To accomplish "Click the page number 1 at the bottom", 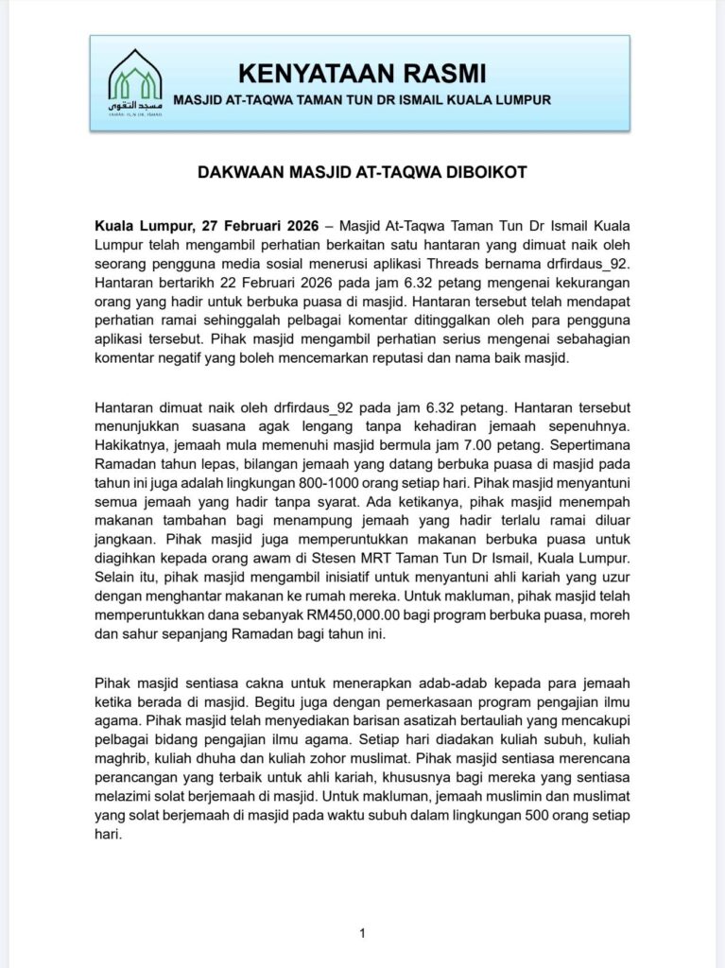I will pyautogui.click(x=362, y=935).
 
